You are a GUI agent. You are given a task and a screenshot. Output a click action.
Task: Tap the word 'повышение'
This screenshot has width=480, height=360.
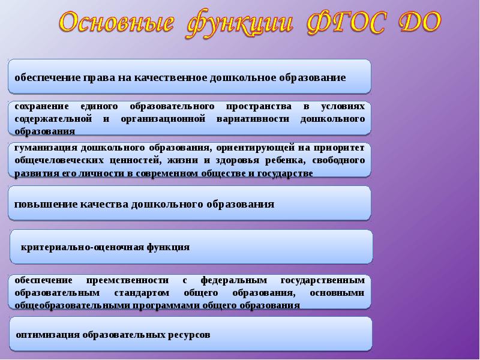(41, 205)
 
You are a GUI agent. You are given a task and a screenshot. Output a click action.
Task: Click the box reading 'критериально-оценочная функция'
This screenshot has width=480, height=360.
(191, 247)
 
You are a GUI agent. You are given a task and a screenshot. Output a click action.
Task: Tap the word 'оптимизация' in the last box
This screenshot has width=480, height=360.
(47, 335)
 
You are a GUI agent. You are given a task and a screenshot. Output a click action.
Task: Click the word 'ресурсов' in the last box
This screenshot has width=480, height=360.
(191, 335)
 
